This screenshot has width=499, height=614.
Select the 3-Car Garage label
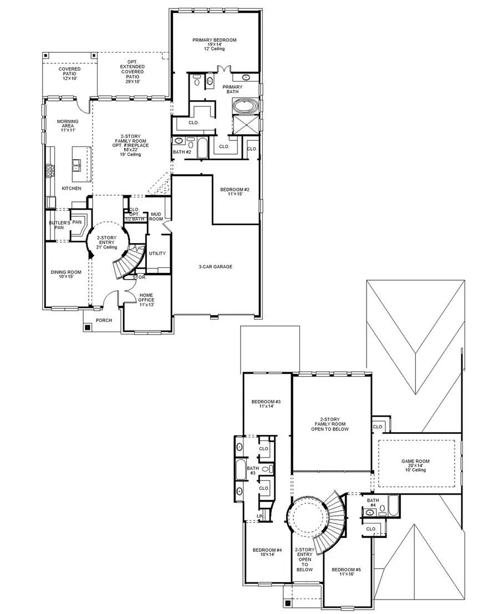[x=215, y=267]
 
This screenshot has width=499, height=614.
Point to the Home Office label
[x=146, y=300]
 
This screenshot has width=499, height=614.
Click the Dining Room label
[x=63, y=275]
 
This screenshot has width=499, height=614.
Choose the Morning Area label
[x=64, y=124]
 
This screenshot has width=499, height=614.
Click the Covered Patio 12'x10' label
[x=70, y=73]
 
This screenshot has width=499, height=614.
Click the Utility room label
[x=157, y=253]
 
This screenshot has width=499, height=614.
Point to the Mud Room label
[x=156, y=216]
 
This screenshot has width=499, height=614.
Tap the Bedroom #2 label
[x=232, y=192]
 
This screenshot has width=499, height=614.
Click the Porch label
[x=104, y=320]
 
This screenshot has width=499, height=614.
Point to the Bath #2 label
[x=182, y=151]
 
